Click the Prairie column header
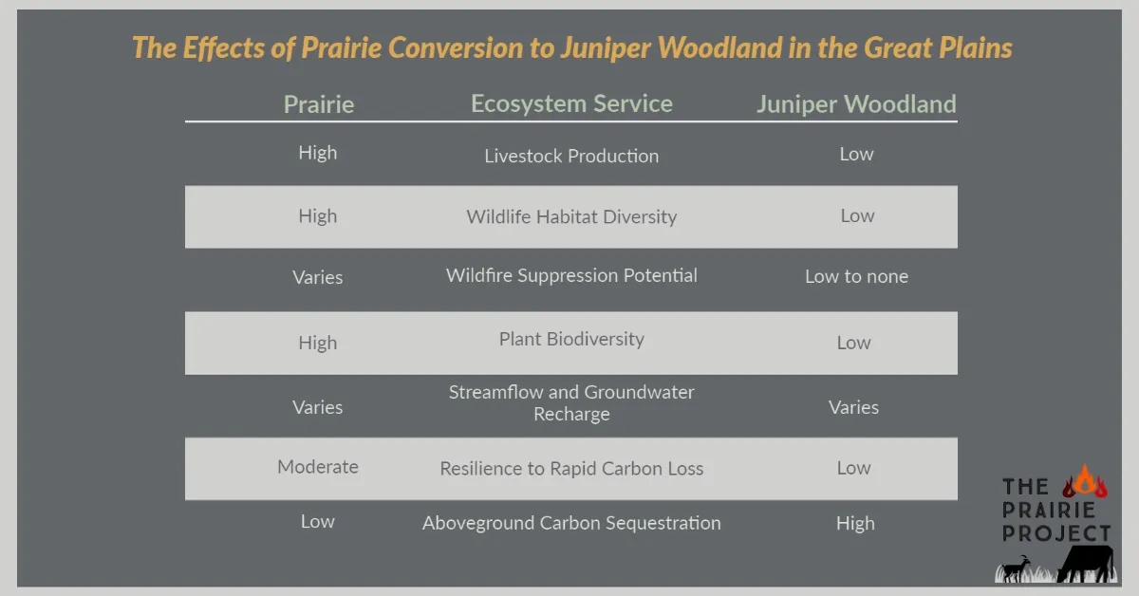point(318,104)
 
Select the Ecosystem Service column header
point(571,104)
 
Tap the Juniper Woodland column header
point(856,104)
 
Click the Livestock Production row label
point(571,156)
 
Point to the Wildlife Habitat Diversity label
point(571,216)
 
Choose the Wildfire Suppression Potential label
point(571,276)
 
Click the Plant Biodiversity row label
point(571,339)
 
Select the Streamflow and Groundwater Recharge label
point(571,403)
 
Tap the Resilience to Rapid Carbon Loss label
point(571,468)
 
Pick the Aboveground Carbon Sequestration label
point(571,523)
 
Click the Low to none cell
point(856,277)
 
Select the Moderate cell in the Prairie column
point(318,467)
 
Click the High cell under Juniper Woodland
point(855,523)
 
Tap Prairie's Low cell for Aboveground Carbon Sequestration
point(318,521)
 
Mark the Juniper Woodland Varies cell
point(854,407)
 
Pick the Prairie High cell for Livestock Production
point(318,153)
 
